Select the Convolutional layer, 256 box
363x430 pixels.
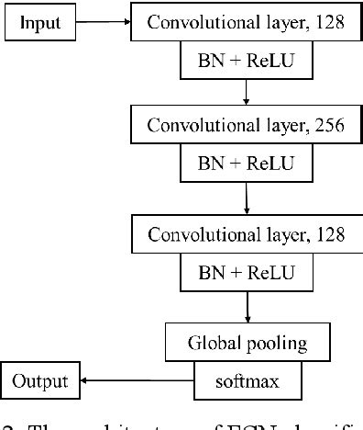point(247,128)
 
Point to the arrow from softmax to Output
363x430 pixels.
point(137,379)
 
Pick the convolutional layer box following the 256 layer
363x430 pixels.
point(247,234)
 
